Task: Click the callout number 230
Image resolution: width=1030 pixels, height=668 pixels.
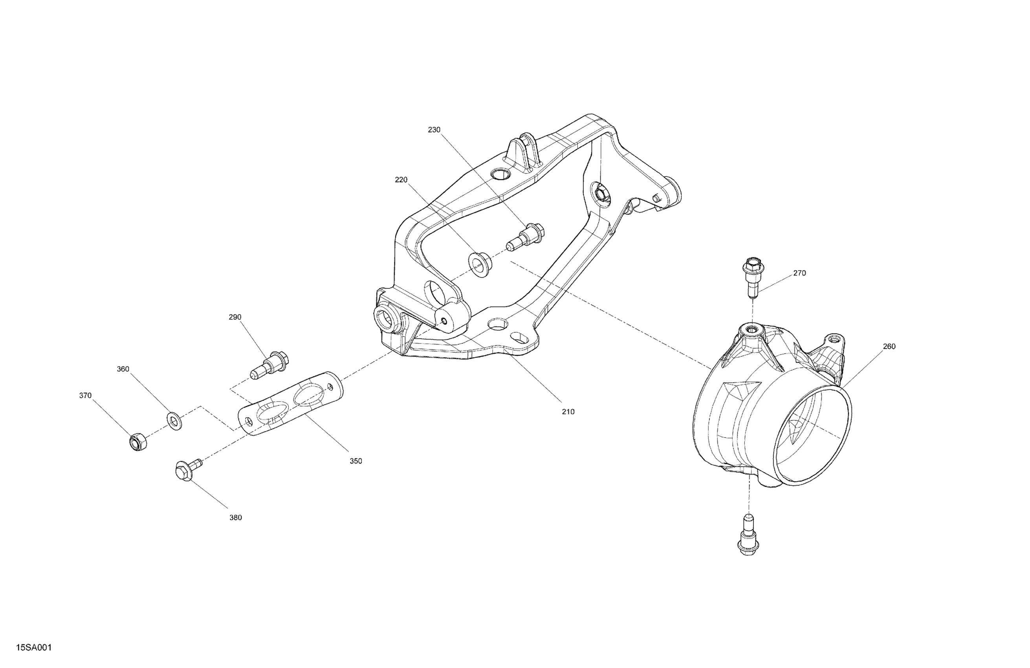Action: pos(434,130)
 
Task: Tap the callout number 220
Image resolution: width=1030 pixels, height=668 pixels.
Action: pos(401,180)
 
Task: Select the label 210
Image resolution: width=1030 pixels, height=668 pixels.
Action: pos(568,412)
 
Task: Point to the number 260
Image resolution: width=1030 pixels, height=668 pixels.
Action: pos(889,346)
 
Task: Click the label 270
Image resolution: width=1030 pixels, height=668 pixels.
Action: pos(799,273)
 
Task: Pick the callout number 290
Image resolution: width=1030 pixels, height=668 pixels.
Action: pos(235,317)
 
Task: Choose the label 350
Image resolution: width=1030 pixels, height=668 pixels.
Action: pos(356,461)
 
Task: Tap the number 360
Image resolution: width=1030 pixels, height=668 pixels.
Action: pos(123,369)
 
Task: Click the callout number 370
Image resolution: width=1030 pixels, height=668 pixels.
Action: pos(85,395)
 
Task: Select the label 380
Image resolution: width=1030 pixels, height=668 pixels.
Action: pos(235,518)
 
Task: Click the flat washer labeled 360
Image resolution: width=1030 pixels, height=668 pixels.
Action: pos(174,421)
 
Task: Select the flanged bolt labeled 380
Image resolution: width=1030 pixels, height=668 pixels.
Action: pos(186,470)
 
